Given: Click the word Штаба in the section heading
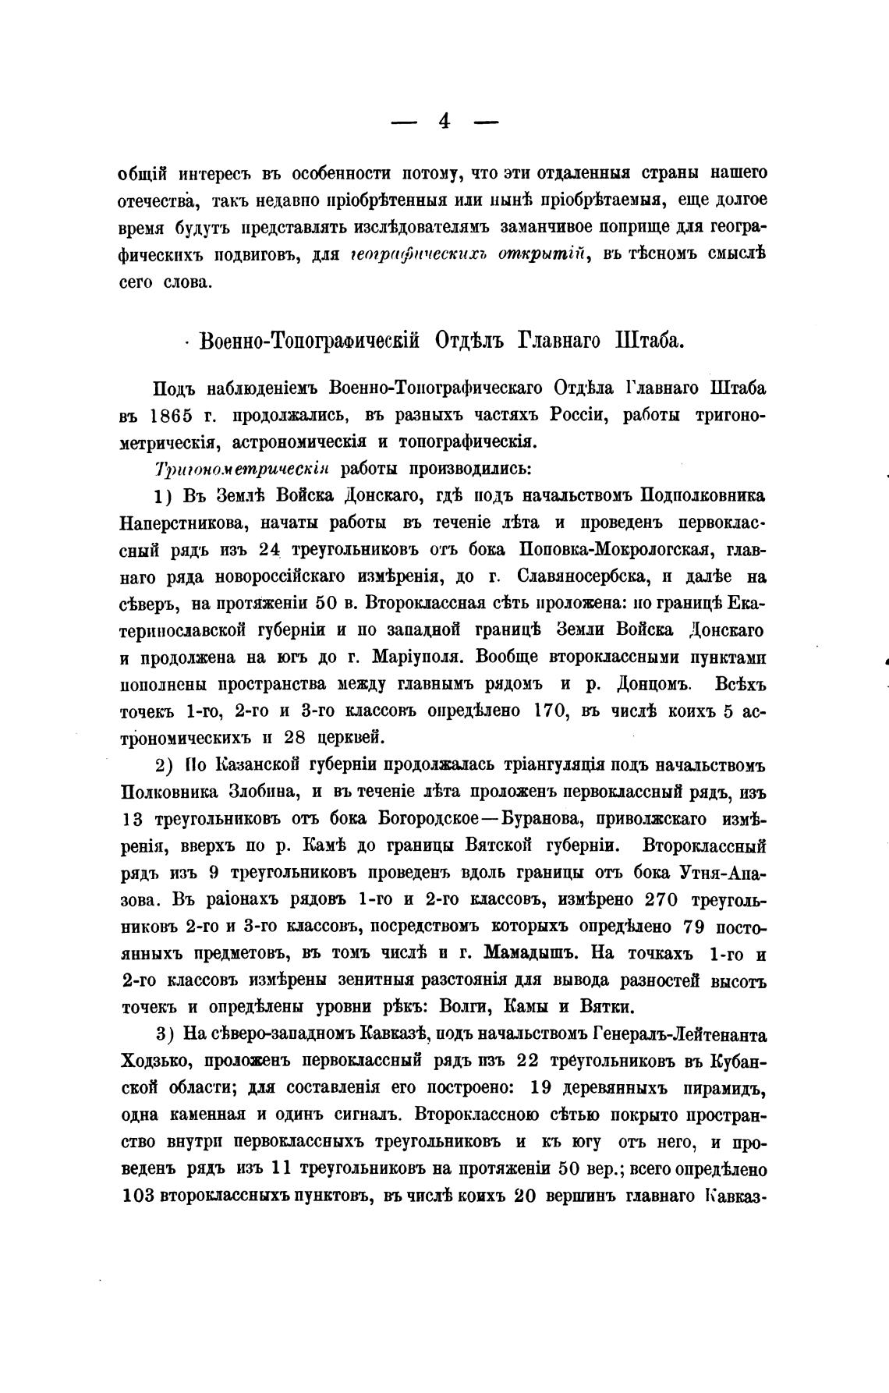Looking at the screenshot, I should [x=650, y=341].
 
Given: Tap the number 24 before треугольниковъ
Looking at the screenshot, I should [x=269, y=549].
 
